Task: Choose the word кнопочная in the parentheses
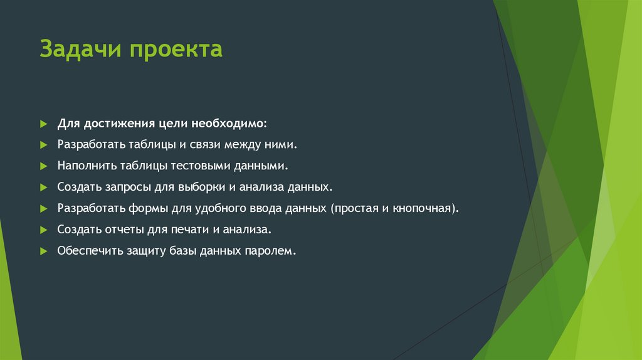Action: click(424, 208)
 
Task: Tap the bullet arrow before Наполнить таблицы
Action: click(43, 167)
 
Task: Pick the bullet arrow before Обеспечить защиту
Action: click(43, 251)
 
